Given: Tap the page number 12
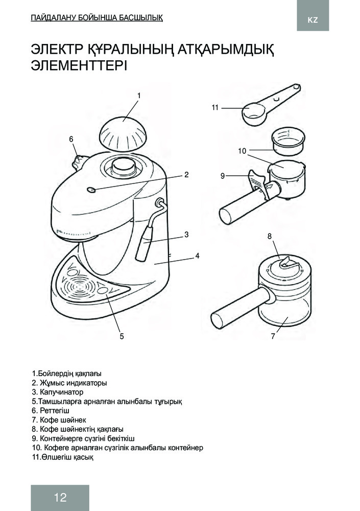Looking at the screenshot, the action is (61, 497).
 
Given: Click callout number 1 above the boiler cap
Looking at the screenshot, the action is (139, 96).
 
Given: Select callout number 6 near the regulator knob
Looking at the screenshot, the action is (71, 139).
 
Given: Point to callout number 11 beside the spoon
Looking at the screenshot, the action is (214, 107).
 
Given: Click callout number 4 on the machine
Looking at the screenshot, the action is (197, 256).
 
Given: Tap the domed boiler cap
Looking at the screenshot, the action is (123, 133).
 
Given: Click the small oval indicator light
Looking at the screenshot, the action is (92, 190).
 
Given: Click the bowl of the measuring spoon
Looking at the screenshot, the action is (254, 114).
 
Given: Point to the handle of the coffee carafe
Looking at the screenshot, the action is (241, 308).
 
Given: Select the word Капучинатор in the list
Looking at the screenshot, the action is (62, 392).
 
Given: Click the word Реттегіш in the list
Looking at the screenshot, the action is (55, 411).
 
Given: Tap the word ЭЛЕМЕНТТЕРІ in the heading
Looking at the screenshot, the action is (79, 66).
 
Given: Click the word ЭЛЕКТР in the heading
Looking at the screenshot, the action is (56, 50).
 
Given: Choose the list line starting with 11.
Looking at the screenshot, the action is (62, 457).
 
